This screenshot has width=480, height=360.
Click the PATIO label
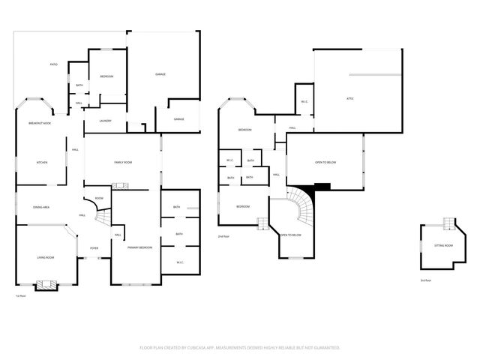(x=54, y=65)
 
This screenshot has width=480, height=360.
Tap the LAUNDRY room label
(x=105, y=121)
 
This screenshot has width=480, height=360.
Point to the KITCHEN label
(x=42, y=162)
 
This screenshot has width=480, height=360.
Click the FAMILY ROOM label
(x=123, y=162)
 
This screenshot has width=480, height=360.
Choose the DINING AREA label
(x=41, y=206)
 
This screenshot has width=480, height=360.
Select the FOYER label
(x=94, y=247)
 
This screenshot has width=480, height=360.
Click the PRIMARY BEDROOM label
(x=139, y=247)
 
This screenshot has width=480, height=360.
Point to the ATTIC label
(x=349, y=98)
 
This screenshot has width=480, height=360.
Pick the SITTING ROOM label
(x=443, y=245)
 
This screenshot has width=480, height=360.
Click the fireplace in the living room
(x=46, y=284)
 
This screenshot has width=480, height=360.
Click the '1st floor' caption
(x=20, y=296)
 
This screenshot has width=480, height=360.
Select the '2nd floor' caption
(x=223, y=236)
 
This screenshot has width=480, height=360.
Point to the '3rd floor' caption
(x=425, y=280)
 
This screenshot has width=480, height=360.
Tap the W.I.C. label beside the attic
(x=304, y=101)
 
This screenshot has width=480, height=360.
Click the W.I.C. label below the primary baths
(x=181, y=262)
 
